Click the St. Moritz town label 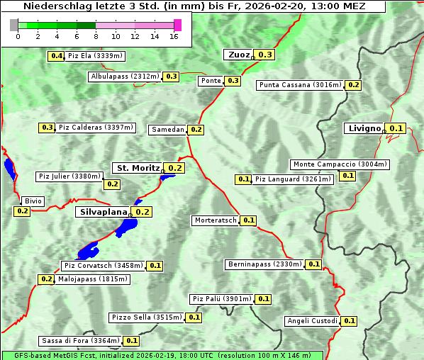click(138, 168)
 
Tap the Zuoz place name click(238, 55)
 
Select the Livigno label click(363, 128)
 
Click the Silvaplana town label click(104, 212)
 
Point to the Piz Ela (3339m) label click(96, 56)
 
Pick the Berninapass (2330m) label click(265, 264)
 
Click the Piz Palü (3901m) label click(221, 299)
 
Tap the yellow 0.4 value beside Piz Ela click(56, 56)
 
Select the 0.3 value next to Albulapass click(171, 77)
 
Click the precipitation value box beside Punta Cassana click(353, 85)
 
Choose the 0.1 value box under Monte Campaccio click(347, 176)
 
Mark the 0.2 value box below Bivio click(22, 211)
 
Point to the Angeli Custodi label click(312, 321)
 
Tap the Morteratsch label click(216, 220)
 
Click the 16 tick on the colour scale click(174, 36)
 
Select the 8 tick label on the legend click(96, 36)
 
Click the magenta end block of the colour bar click(177, 25)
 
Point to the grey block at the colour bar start click(14, 25)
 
